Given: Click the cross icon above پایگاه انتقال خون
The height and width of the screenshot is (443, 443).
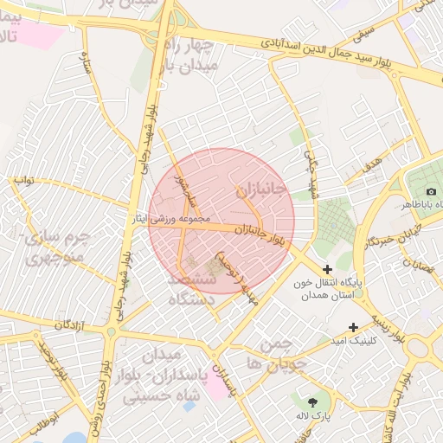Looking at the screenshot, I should click(x=327, y=270).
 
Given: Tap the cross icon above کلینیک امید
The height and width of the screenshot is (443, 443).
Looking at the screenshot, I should click(x=353, y=327).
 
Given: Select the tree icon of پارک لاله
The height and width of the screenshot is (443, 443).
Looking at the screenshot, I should click(x=311, y=401).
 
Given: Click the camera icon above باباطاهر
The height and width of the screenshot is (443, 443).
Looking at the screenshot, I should click(x=431, y=191).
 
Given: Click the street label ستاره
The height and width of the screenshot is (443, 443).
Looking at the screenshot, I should click(x=87, y=63).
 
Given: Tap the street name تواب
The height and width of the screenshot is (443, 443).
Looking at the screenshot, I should click(x=21, y=181).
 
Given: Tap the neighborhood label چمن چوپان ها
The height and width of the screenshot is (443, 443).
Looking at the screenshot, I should click(x=277, y=355).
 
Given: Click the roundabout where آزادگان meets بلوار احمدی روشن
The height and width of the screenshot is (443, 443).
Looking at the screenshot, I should click(x=111, y=331).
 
